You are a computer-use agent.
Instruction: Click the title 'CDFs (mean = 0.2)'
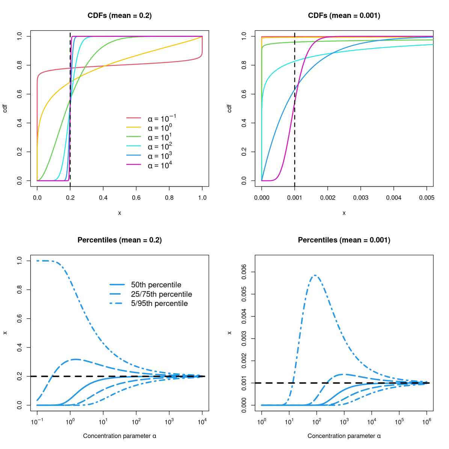point(119,16)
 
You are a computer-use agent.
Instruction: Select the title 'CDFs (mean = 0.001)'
point(344,16)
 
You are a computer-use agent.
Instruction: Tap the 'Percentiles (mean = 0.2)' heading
point(119,240)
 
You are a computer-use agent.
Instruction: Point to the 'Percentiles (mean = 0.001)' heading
point(344,240)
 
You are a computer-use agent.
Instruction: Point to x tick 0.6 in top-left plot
point(136,197)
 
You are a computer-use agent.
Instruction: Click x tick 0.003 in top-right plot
point(360,197)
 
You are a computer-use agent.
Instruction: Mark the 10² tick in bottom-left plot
point(136,422)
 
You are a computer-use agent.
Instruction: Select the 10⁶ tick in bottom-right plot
point(426,422)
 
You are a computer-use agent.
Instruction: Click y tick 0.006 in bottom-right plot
point(244,272)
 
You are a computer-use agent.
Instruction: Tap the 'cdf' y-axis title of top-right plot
point(230,108)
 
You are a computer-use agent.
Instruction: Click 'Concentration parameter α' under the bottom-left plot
point(119,436)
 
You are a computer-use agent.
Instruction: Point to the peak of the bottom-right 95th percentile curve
point(316,275)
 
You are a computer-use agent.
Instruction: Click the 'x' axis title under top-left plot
point(119,213)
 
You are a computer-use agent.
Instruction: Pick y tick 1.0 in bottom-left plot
point(20,261)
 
